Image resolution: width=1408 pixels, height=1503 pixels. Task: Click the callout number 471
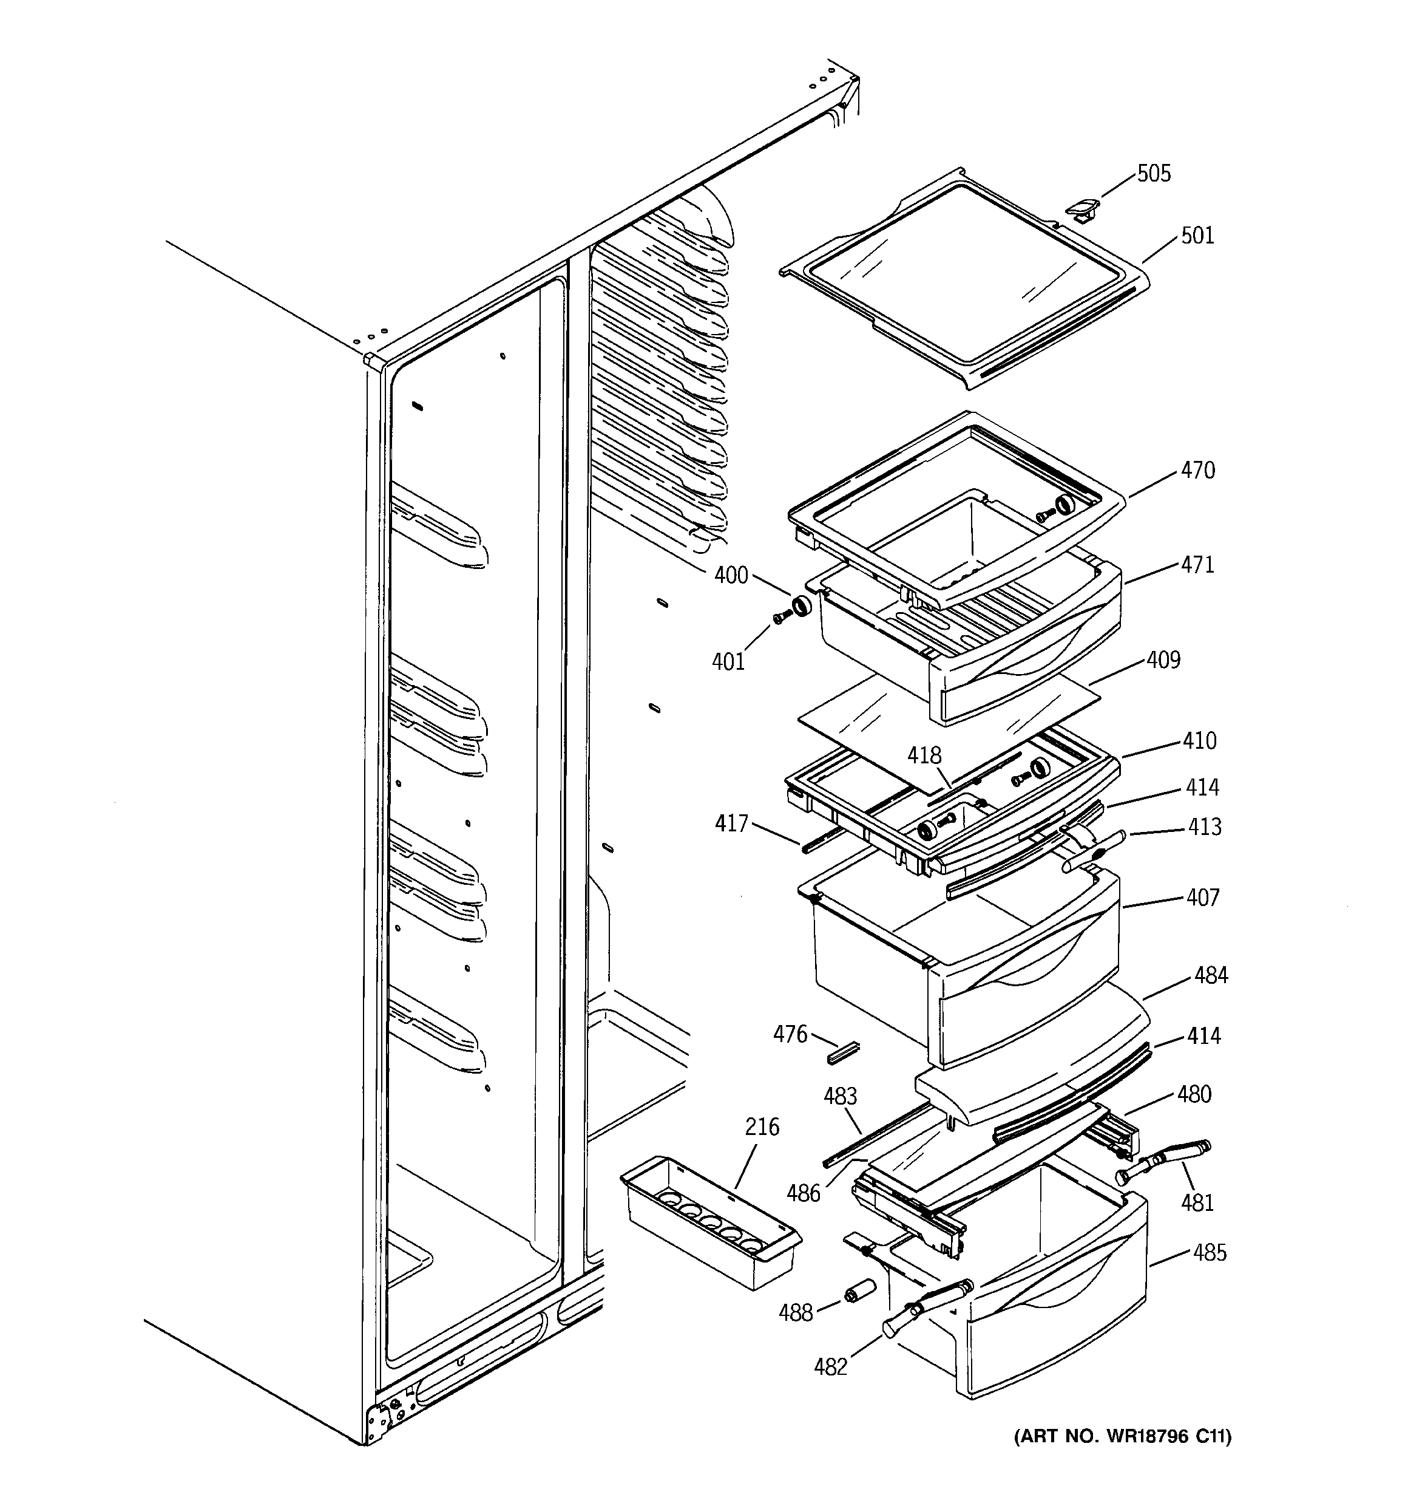pyautogui.click(x=1197, y=565)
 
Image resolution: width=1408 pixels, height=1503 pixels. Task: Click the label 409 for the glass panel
pyautogui.click(x=1163, y=660)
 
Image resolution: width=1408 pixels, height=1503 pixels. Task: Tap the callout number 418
pyautogui.click(x=924, y=755)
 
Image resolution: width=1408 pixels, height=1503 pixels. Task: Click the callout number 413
pyautogui.click(x=1204, y=826)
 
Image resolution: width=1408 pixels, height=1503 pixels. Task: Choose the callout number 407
pyautogui.click(x=1202, y=898)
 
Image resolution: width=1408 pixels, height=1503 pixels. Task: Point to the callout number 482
pyautogui.click(x=831, y=1366)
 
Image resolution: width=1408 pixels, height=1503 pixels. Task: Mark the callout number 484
pyautogui.click(x=1211, y=975)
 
